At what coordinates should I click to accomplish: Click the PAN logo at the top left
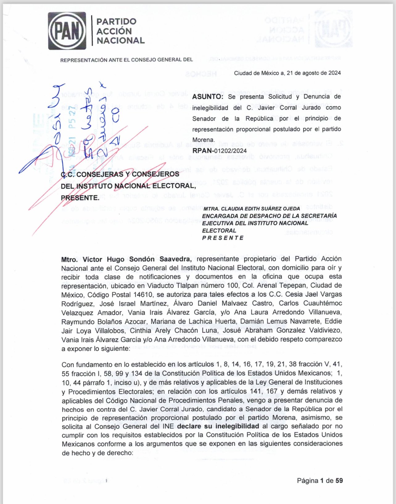coord(67,31)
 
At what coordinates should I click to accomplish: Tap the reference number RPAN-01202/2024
coord(219,151)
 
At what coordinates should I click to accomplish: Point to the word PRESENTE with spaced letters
coord(223,238)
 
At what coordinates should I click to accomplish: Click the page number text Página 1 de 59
coord(320,481)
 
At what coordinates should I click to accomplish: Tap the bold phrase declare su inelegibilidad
coord(218,426)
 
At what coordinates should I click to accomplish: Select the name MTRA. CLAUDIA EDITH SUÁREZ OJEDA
coord(252,209)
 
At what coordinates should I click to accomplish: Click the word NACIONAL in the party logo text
coord(121,41)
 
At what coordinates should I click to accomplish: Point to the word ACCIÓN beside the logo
coord(114,31)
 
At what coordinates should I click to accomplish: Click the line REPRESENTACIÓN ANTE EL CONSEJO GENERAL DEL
coord(126,60)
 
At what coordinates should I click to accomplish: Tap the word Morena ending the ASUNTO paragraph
coord(203,140)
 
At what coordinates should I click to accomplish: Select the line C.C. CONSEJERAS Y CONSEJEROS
coord(120,174)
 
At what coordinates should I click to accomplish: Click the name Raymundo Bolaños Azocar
coord(105,322)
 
